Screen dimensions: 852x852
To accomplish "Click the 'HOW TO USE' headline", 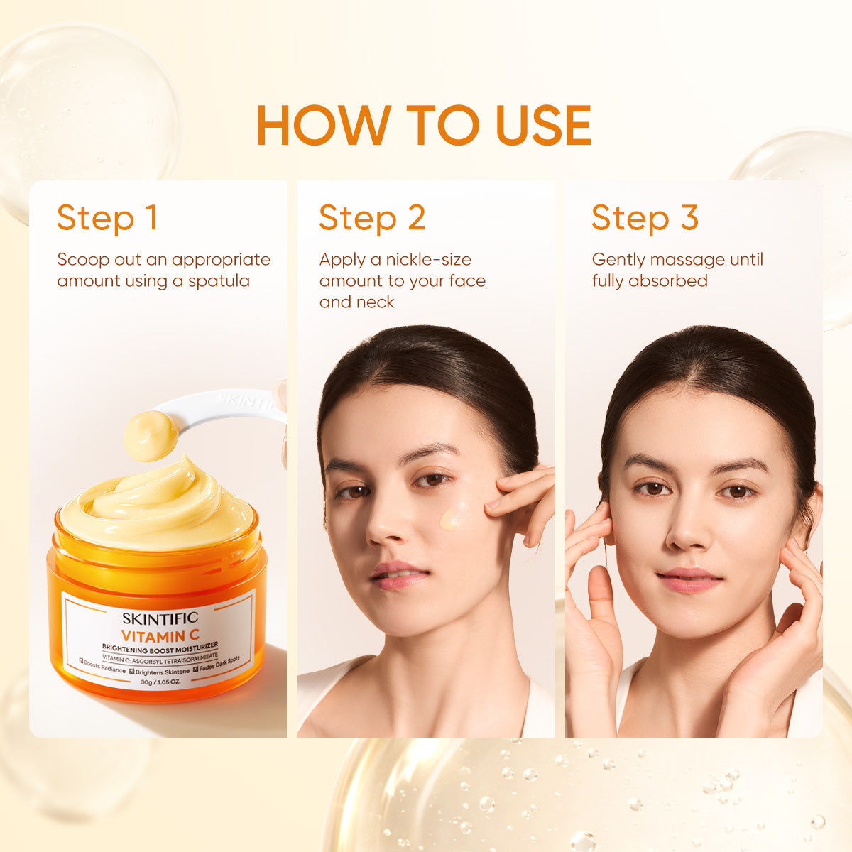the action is [424, 125].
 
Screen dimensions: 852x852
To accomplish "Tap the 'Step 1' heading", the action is [107, 218].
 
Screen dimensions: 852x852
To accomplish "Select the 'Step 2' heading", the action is [372, 218].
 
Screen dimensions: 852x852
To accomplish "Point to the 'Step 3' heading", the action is [645, 218].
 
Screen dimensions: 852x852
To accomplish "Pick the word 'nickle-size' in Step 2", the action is [429, 260].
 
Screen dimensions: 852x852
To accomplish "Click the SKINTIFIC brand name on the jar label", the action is [160, 618].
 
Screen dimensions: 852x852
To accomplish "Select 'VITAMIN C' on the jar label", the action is [160, 637].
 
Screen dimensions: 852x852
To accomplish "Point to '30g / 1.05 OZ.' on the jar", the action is [160, 682].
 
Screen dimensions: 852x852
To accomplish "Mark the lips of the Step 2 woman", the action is [399, 575].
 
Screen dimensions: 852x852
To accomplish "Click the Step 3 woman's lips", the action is [689, 580].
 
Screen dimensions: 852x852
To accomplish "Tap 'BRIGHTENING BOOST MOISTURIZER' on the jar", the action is [160, 649].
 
